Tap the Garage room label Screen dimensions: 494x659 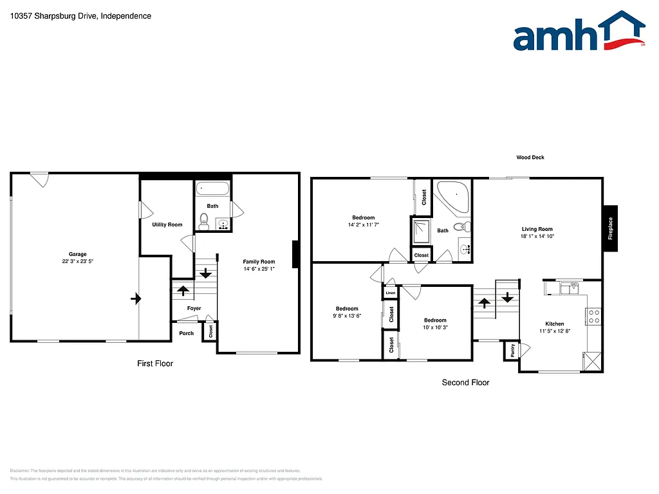click(x=78, y=254)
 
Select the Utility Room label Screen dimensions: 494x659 click(x=167, y=224)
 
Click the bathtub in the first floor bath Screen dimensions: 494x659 click(x=212, y=189)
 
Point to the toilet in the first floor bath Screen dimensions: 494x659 click(x=204, y=224)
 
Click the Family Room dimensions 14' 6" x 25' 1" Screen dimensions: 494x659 click(x=259, y=269)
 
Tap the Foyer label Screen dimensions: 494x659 click(x=194, y=308)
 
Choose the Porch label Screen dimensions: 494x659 click(x=186, y=333)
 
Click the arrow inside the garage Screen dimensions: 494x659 click(x=135, y=298)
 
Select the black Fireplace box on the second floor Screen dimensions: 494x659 click(x=611, y=228)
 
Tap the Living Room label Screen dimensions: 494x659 click(x=537, y=229)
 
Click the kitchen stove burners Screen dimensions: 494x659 click(x=593, y=316)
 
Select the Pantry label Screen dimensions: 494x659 click(x=512, y=351)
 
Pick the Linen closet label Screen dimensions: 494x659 click(x=391, y=293)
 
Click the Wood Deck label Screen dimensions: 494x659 click(x=530, y=157)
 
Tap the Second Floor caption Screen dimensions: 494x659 click(x=465, y=383)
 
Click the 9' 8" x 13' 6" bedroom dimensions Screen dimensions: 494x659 click(x=346, y=316)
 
